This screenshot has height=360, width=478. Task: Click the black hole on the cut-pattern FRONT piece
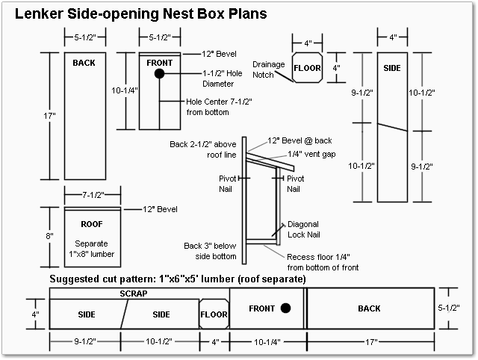[x=286, y=308]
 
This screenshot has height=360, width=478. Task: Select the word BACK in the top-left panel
[x=84, y=63]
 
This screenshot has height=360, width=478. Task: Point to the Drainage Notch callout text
[x=269, y=69]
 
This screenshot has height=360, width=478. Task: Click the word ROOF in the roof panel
[x=92, y=224]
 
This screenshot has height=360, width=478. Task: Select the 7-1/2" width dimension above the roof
[x=92, y=195]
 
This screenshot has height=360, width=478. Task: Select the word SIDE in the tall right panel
[x=392, y=68]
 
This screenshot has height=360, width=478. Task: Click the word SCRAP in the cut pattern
[x=134, y=294]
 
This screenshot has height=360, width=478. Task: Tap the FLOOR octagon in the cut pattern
[x=214, y=314]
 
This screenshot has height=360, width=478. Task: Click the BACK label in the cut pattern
[x=369, y=308]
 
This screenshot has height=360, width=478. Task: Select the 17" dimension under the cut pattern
[x=370, y=341]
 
